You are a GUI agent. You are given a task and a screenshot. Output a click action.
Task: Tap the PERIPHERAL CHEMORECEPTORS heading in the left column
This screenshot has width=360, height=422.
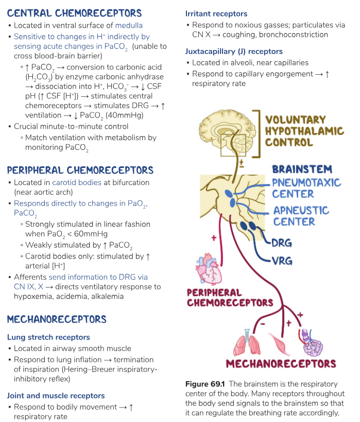[x=80, y=170]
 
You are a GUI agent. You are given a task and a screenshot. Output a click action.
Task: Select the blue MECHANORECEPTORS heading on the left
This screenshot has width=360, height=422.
[x=57, y=319]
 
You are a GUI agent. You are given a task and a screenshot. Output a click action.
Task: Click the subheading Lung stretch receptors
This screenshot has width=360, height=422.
[x=48, y=337]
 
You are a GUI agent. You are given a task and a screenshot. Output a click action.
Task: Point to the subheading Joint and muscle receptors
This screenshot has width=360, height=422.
[x=56, y=396]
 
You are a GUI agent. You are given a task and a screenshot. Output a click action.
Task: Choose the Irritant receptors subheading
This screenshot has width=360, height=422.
[x=216, y=13]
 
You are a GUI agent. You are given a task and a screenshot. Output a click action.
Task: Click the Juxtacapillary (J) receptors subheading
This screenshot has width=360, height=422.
[x=234, y=51]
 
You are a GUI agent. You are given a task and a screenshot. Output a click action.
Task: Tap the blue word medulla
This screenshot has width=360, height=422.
[x=129, y=25]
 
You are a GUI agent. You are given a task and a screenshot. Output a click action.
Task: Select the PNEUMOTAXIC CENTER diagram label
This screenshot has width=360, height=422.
[x=306, y=188]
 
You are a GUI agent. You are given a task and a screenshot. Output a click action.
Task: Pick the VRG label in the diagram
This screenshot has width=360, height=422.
[x=282, y=261]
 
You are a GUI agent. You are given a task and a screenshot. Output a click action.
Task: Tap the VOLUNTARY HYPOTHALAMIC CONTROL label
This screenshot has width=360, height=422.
[x=304, y=131]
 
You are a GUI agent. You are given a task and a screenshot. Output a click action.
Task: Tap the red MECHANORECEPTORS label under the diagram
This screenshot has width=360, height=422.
[x=281, y=364]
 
